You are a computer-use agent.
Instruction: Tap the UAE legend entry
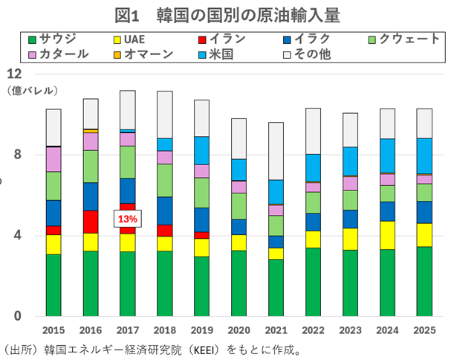(x=138, y=38)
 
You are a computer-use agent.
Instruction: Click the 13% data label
(x=126, y=219)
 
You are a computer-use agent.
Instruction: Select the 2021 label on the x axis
(x=275, y=330)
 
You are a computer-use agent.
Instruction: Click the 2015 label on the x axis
(x=53, y=330)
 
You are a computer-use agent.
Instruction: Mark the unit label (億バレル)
(x=31, y=91)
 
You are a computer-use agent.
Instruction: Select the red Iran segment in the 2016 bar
(x=90, y=222)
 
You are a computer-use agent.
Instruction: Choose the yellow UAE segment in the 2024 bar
(x=386, y=235)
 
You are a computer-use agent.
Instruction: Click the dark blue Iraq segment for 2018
(x=164, y=210)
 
